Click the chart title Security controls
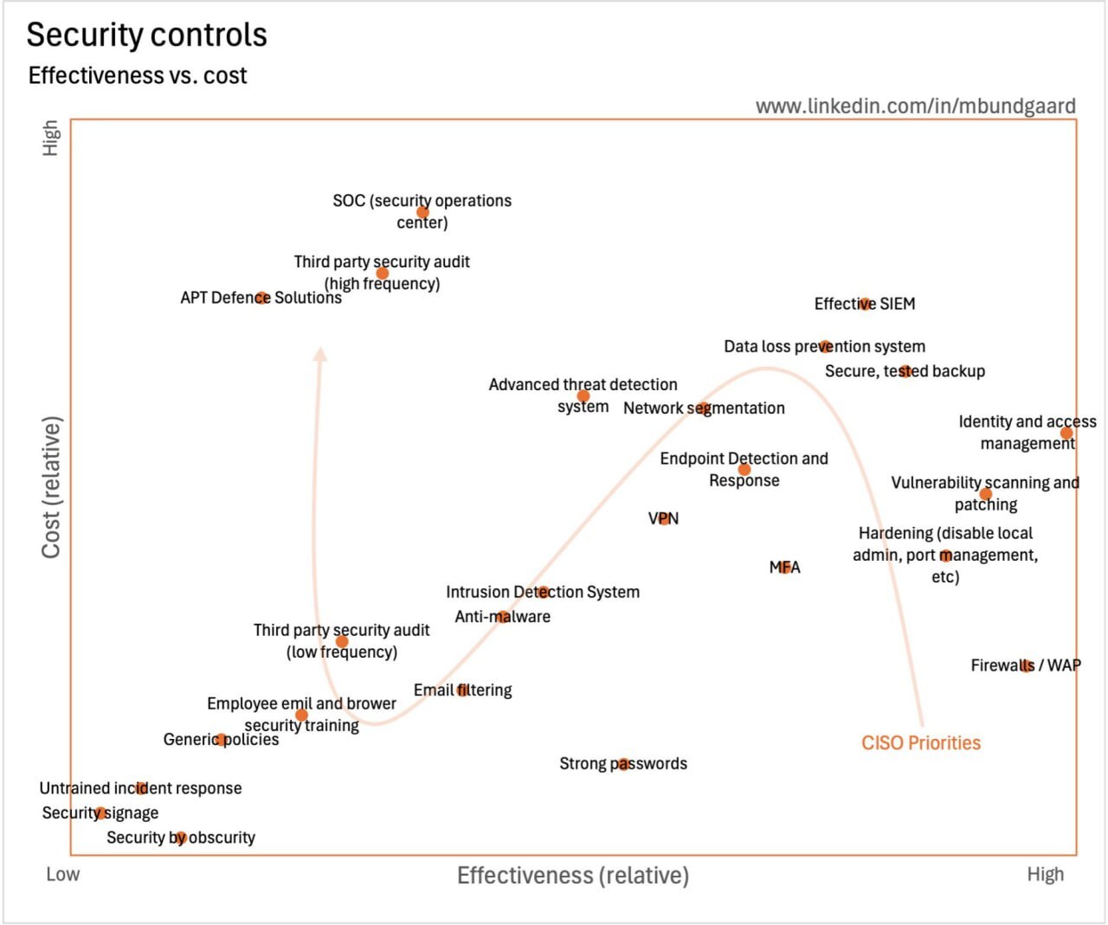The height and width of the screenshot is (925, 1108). pyautogui.click(x=146, y=35)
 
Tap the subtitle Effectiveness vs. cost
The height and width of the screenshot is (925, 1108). pyautogui.click(x=138, y=76)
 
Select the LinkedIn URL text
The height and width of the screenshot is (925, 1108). pyautogui.click(x=915, y=106)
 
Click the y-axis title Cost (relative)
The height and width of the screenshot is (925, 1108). pyautogui.click(x=51, y=487)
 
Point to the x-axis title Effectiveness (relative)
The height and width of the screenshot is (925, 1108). pyautogui.click(x=572, y=876)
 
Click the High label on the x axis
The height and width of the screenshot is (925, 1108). pyautogui.click(x=1045, y=875)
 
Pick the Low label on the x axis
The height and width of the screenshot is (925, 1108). pyautogui.click(x=62, y=875)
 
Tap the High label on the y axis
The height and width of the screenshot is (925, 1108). pyautogui.click(x=51, y=138)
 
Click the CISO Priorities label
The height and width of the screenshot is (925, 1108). pyautogui.click(x=921, y=743)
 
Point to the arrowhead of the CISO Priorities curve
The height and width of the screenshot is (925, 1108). pyautogui.click(x=320, y=353)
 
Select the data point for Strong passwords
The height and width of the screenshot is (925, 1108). pyautogui.click(x=623, y=764)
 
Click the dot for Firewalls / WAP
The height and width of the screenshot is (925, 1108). pyautogui.click(x=1027, y=665)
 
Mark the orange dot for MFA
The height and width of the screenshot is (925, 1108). pyautogui.click(x=785, y=568)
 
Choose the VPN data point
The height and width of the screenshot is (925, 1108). pyautogui.click(x=664, y=518)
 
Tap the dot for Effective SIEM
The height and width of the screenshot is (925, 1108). pyautogui.click(x=865, y=304)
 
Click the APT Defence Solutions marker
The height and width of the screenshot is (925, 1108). pyautogui.click(x=261, y=298)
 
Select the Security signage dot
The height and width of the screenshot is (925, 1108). pyautogui.click(x=100, y=813)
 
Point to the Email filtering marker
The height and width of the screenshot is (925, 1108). pyautogui.click(x=462, y=691)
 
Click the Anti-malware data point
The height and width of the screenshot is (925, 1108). pyautogui.click(x=503, y=617)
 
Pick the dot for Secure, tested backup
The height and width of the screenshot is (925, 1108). pyautogui.click(x=905, y=371)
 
